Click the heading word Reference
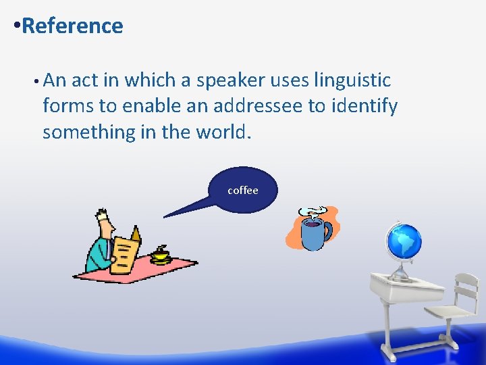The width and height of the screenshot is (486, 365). point(72,26)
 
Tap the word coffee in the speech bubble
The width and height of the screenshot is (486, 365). point(243,191)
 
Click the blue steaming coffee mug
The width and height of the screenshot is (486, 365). point(311,234)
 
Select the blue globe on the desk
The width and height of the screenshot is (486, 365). point(404,241)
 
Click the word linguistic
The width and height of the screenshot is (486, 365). point(352,80)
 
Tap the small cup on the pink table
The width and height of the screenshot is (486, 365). point(160,255)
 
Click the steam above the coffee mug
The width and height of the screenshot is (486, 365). point(314,212)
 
